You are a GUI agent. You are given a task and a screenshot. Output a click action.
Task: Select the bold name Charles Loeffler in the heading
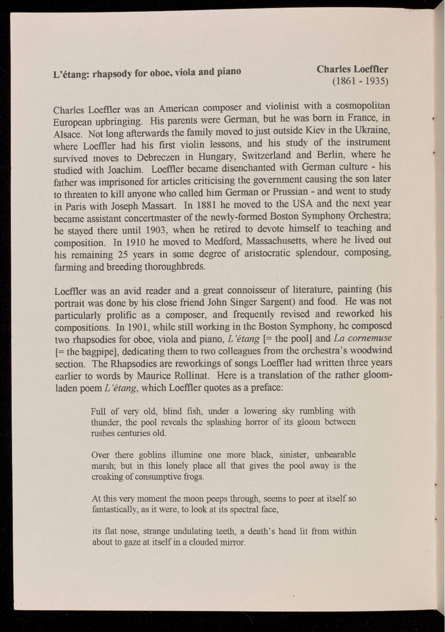(352, 69)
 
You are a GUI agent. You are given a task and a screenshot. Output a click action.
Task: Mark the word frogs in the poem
(194, 477)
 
